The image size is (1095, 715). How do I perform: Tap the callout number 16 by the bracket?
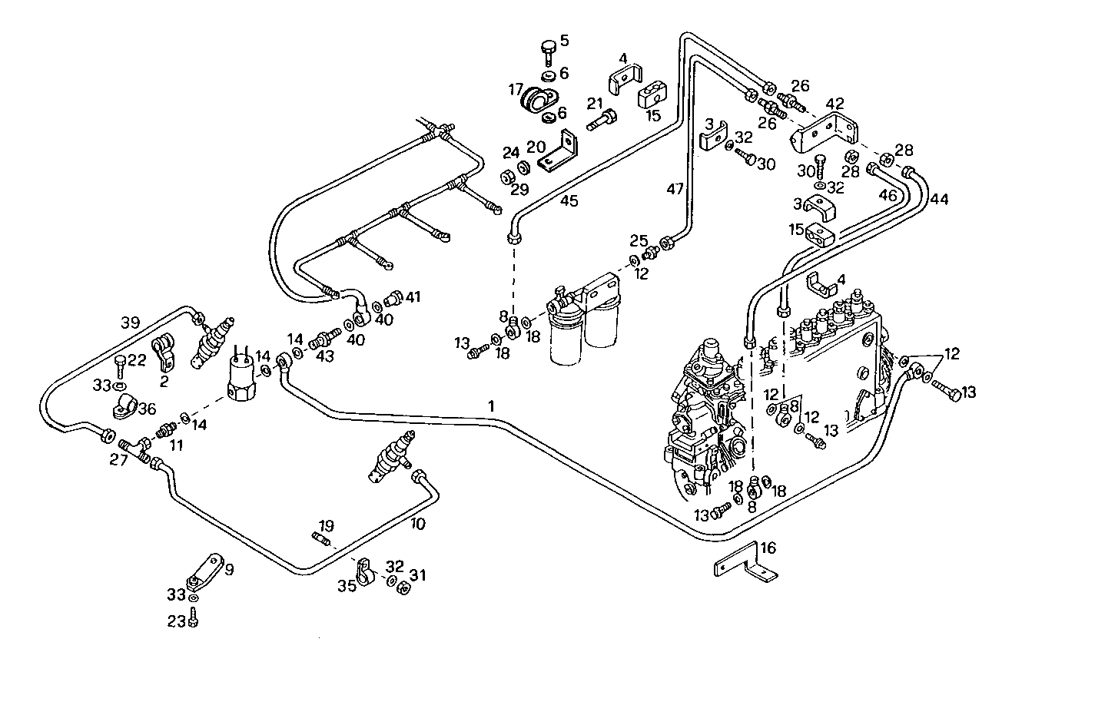pos(768,548)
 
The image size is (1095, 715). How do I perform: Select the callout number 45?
pos(569,201)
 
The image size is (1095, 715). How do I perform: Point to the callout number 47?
pos(674,188)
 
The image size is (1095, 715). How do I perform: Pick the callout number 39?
pos(130,321)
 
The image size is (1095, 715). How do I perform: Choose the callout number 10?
pos(417,524)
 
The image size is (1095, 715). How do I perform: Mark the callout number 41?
pos(413,296)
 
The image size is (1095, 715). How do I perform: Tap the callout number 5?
pos(564,41)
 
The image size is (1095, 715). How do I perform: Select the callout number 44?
pos(938,200)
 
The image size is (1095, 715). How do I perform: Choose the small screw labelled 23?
pos(194,616)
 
